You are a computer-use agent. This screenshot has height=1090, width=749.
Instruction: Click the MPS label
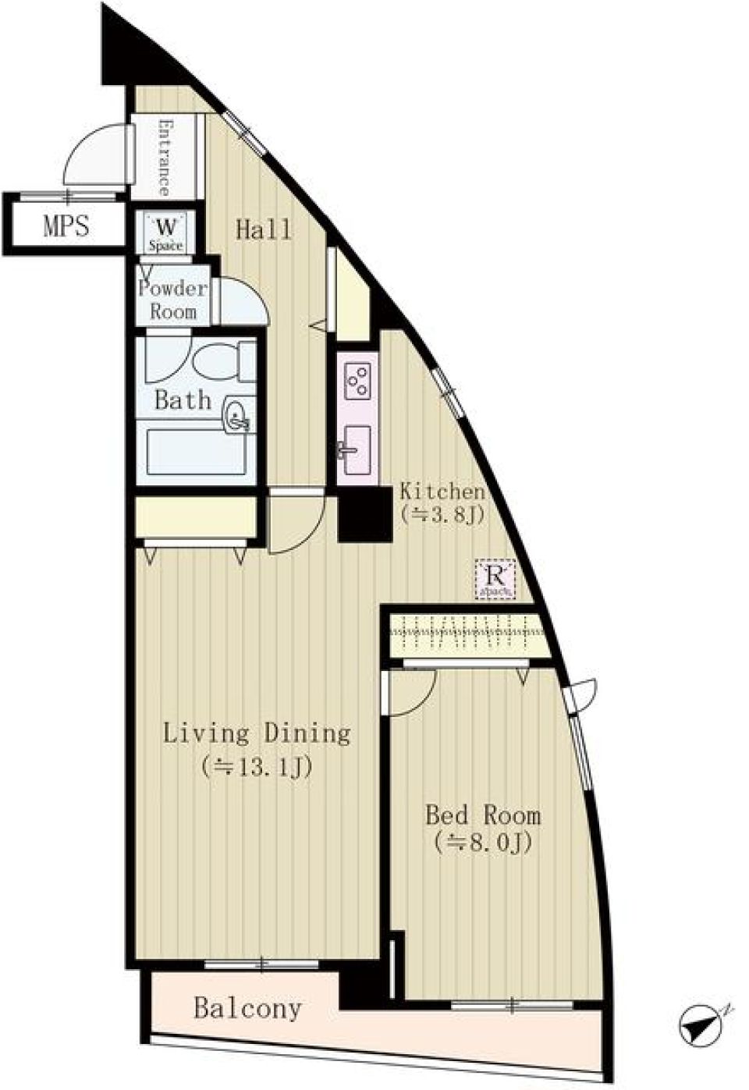tap(66, 227)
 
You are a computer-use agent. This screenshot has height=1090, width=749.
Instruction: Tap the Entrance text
tap(165, 157)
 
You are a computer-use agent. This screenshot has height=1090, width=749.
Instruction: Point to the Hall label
tap(264, 230)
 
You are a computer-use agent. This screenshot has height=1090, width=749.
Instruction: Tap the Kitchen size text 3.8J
tap(442, 515)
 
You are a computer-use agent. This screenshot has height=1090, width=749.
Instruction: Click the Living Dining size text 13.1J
tap(257, 768)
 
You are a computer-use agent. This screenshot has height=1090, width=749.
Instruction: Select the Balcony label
tap(247, 1008)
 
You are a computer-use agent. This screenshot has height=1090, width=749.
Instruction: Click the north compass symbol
tap(700, 1025)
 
